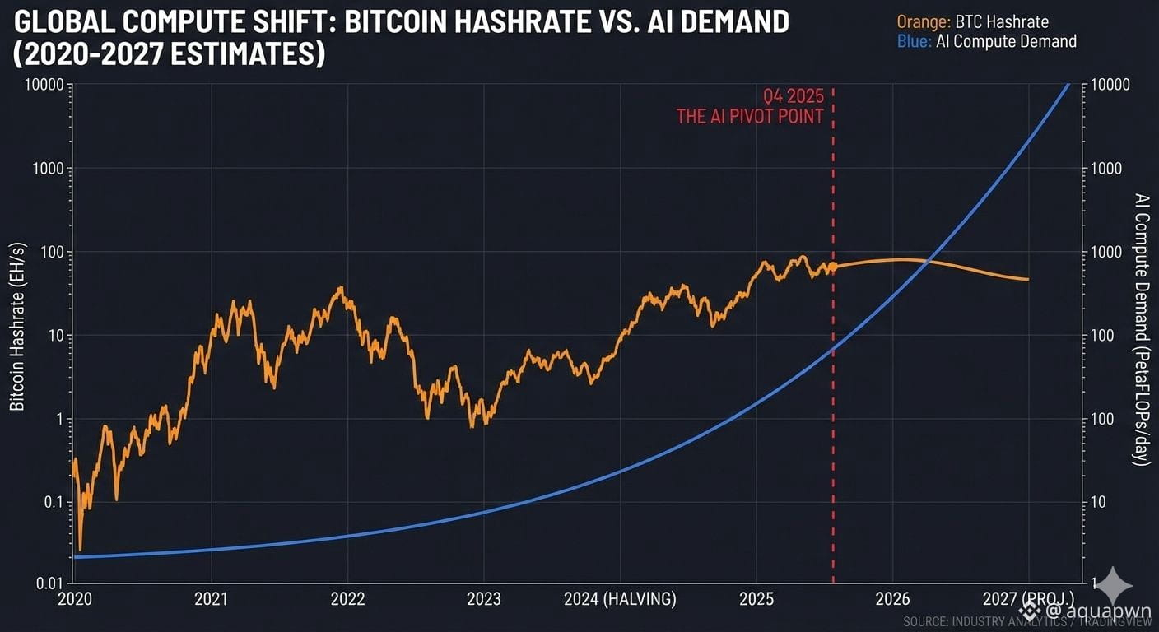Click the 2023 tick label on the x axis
[484, 599]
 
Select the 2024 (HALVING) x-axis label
[620, 599]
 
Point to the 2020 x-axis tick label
[75, 599]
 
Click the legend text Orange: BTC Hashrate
[973, 22]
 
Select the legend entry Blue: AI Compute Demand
[987, 41]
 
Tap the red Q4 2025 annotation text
[793, 96]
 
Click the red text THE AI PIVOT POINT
[750, 116]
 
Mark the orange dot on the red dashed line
[833, 266]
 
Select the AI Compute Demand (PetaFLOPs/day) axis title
[1141, 329]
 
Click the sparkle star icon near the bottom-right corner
[1119, 585]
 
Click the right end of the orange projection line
[1027, 280]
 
